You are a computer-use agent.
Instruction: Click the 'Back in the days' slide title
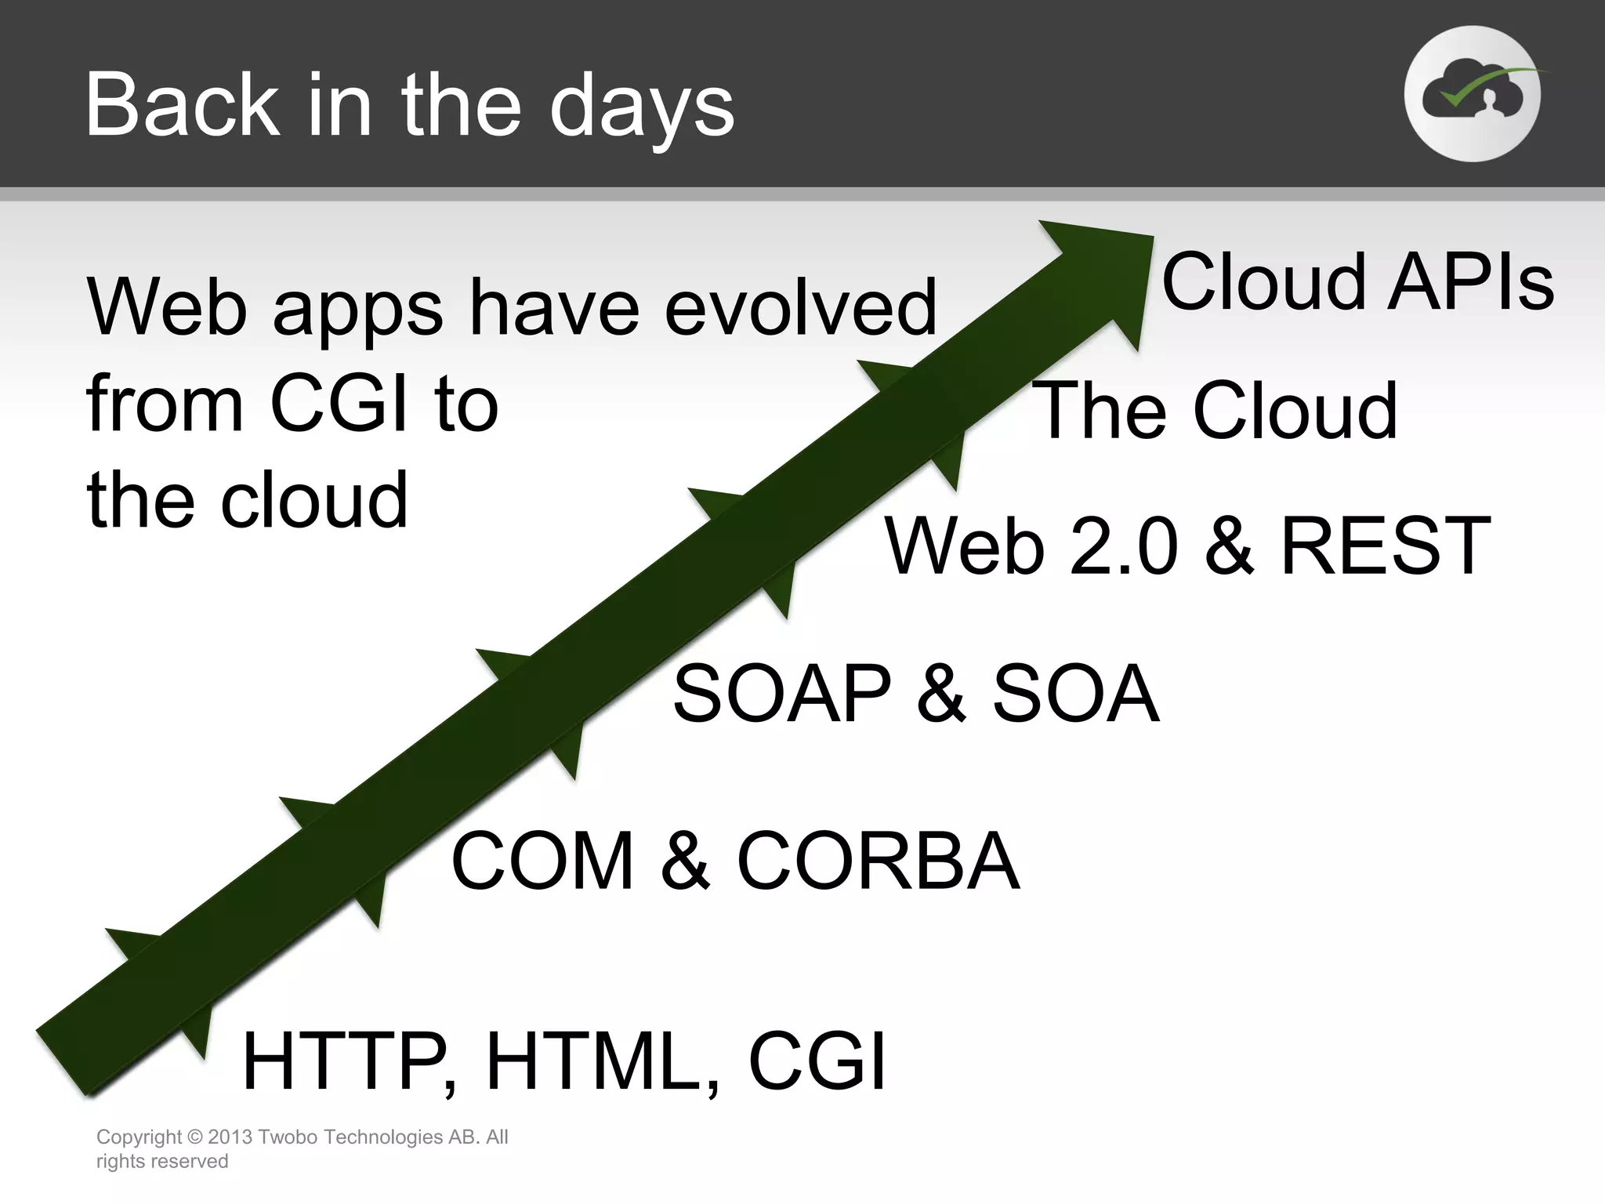409,106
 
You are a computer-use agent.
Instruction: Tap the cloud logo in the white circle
1472,94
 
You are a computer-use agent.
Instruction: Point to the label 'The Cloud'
1216,410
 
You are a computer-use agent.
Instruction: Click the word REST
1385,546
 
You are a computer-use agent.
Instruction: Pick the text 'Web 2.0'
1031,546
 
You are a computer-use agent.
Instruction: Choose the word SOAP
781,694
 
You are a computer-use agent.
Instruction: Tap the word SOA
1075,694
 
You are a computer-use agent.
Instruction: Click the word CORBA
878,861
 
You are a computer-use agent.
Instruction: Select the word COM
542,861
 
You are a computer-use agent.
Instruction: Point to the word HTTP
342,1062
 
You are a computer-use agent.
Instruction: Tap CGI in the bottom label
817,1062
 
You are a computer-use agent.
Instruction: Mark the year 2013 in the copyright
230,1137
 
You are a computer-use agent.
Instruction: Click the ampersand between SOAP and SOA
941,694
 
